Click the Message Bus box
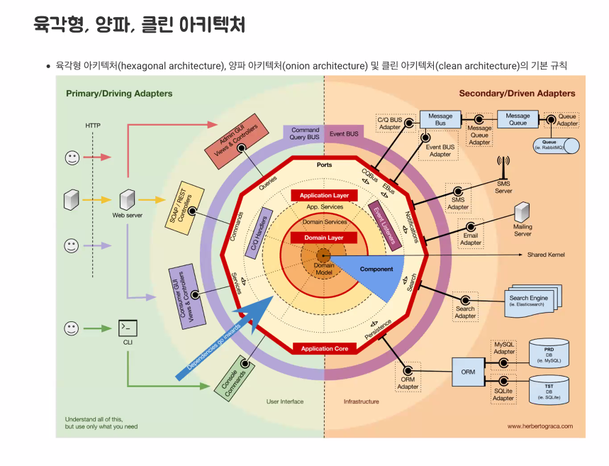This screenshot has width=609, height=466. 440,119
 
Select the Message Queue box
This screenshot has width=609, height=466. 518,119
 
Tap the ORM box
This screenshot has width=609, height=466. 468,372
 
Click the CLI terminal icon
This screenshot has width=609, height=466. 128,328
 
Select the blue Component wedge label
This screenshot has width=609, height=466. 376,270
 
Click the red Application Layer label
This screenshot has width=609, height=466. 324,195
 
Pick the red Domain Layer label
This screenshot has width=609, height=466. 324,238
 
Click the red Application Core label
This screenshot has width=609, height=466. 324,348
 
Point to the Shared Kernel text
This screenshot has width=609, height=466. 546,255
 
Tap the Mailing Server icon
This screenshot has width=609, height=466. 523,213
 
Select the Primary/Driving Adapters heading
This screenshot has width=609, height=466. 119,93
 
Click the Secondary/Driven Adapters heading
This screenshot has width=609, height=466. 517,93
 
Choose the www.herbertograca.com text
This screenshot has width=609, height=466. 540,426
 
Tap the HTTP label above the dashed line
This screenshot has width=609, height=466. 93,126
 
